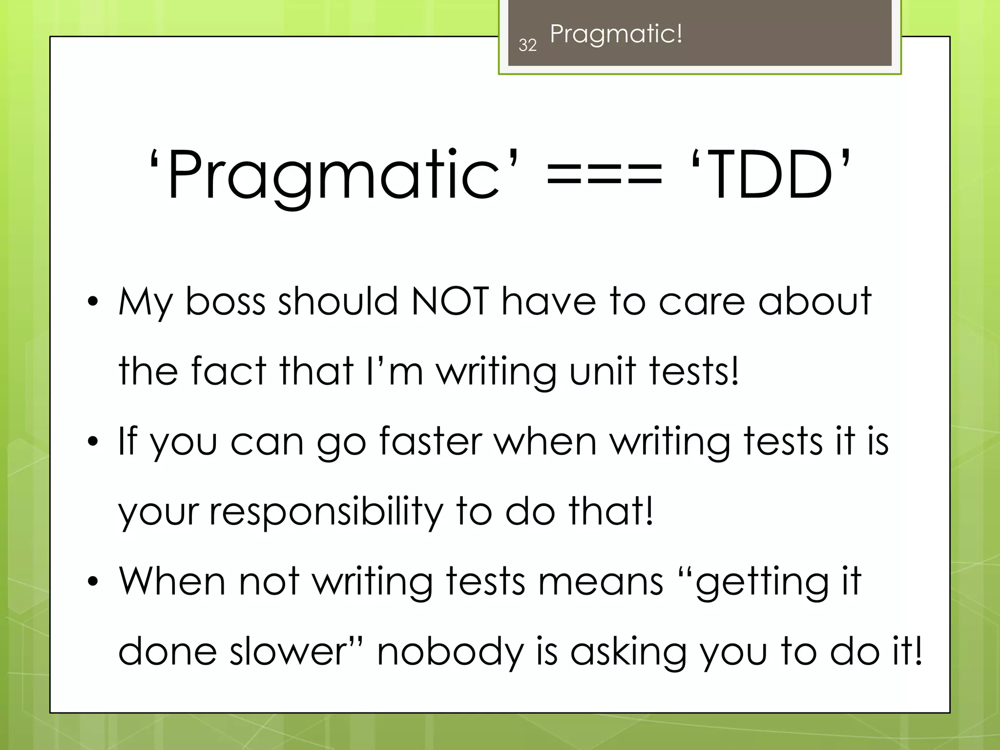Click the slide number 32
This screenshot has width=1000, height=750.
pyautogui.click(x=527, y=45)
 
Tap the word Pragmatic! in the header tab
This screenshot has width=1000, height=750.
pyautogui.click(x=616, y=34)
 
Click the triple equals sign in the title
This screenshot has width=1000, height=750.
pyautogui.click(x=604, y=174)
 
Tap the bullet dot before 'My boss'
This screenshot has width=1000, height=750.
pyautogui.click(x=93, y=302)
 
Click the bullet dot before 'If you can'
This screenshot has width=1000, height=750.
pyautogui.click(x=93, y=442)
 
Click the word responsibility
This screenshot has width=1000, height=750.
pyautogui.click(x=326, y=511)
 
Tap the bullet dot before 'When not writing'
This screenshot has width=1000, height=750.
pyautogui.click(x=93, y=582)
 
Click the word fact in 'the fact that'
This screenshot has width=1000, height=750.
pyautogui.click(x=229, y=371)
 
